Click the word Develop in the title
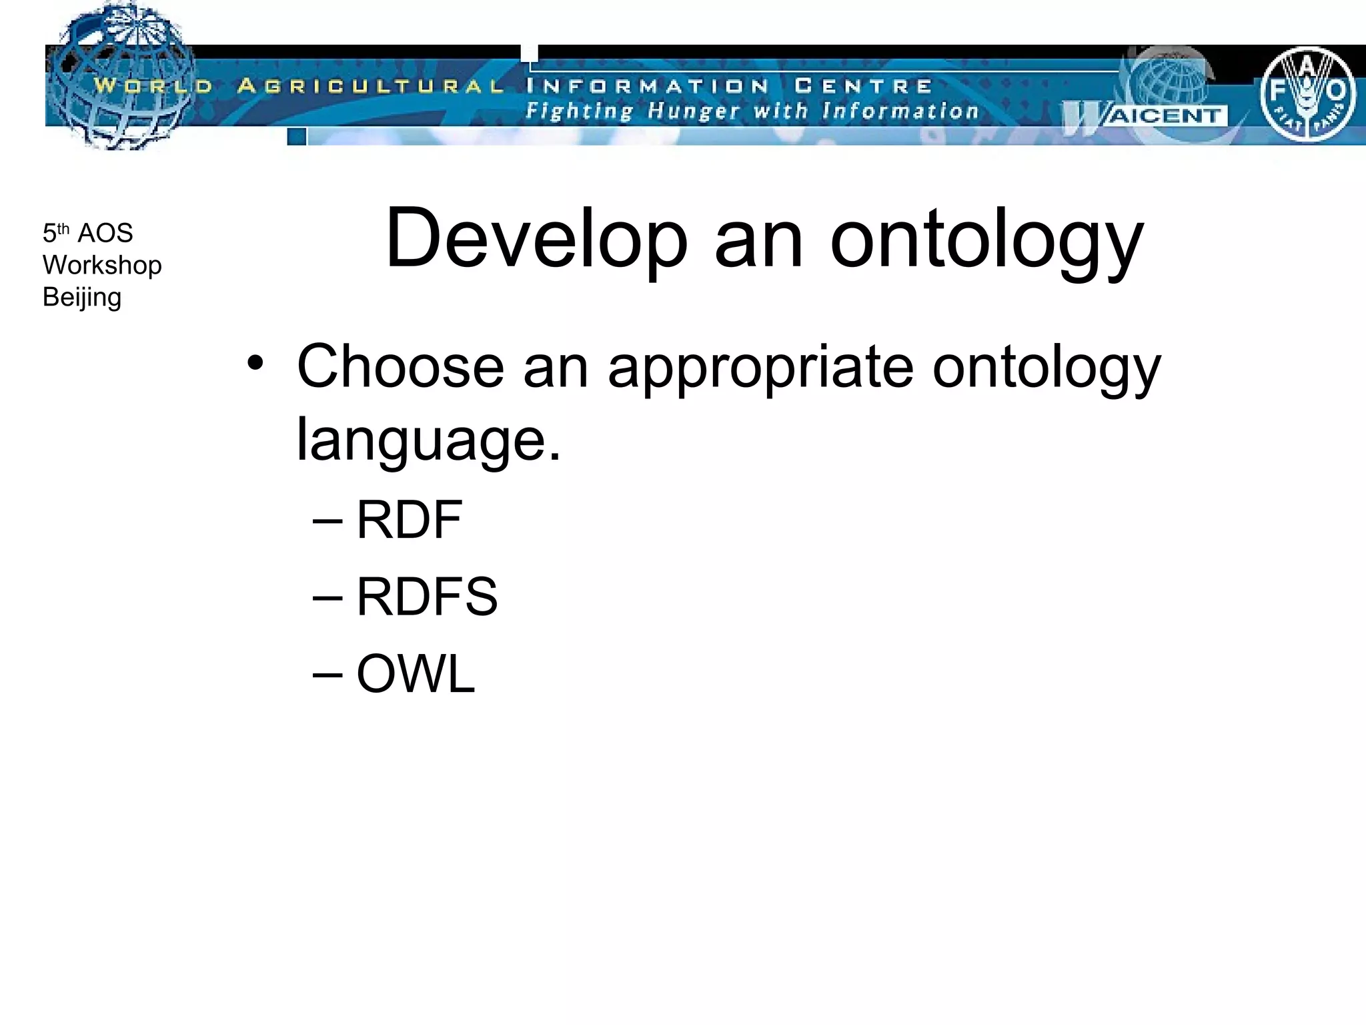(x=536, y=238)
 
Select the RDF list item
(x=409, y=520)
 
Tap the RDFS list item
(x=427, y=597)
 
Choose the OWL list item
(x=416, y=674)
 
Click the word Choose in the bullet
(x=400, y=366)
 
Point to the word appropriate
(x=760, y=368)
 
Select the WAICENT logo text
(x=1164, y=116)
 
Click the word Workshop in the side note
(x=102, y=266)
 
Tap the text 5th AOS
(x=87, y=233)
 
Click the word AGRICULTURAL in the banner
(x=370, y=86)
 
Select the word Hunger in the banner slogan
(x=694, y=111)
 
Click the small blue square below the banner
(x=297, y=137)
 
